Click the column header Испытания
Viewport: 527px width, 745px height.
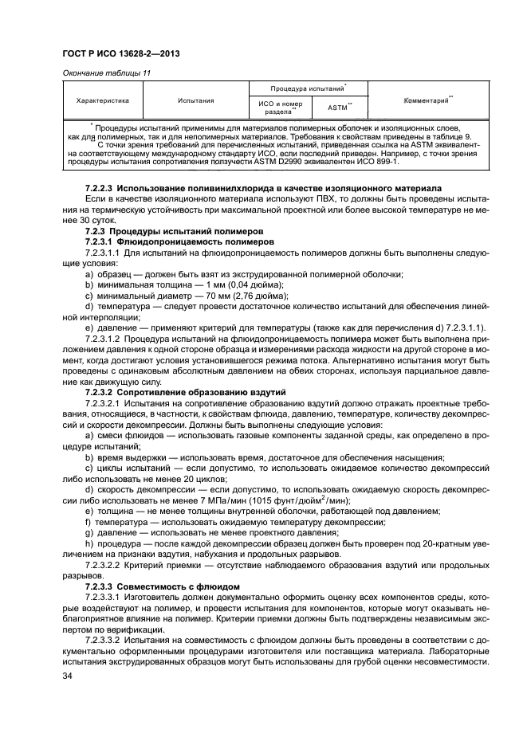(195, 101)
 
